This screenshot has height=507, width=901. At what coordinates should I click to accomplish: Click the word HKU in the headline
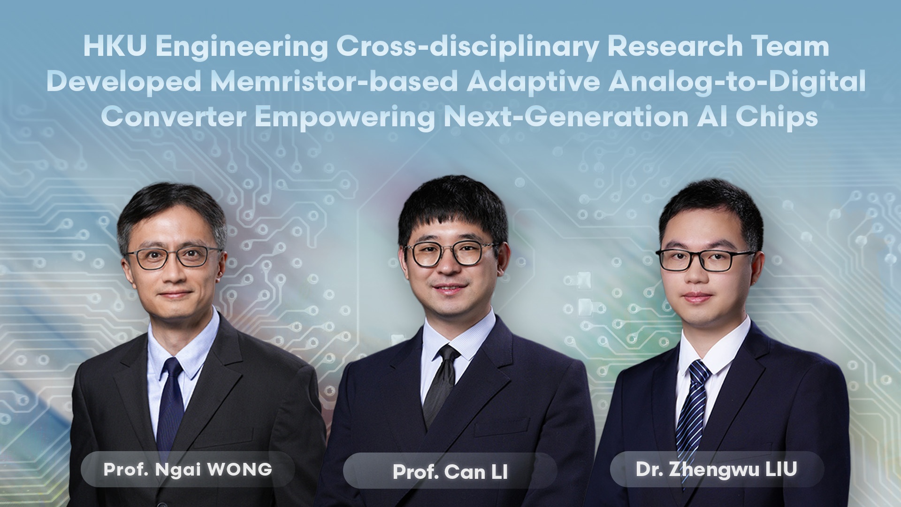point(115,47)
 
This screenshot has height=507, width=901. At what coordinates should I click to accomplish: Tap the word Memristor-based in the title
point(334,82)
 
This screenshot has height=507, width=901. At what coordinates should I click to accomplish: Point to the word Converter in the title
point(174,117)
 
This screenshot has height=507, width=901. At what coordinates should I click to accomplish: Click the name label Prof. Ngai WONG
point(188,469)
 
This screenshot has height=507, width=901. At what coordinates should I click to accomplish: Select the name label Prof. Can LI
point(450,472)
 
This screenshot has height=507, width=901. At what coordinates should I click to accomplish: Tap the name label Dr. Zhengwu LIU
point(717,469)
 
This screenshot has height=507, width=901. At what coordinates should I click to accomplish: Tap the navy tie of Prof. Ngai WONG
point(170,404)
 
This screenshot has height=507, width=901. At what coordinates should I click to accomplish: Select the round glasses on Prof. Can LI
point(450,253)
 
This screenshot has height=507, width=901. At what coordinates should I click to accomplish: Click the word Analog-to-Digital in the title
point(737,82)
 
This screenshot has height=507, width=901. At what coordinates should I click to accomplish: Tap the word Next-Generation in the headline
point(566,117)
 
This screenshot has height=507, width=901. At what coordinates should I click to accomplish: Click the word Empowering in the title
point(345,117)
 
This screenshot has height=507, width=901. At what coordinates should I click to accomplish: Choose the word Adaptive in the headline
point(533,82)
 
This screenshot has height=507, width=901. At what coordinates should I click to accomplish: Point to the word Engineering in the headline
point(242,47)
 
